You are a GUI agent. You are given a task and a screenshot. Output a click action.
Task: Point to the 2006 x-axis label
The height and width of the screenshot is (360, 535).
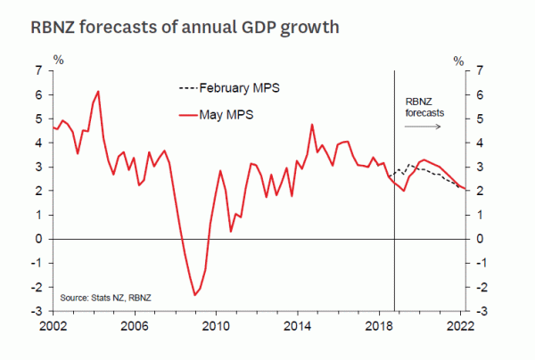[x=134, y=326]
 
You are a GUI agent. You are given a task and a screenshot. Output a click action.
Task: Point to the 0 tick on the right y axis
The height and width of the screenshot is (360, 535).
[x=481, y=240]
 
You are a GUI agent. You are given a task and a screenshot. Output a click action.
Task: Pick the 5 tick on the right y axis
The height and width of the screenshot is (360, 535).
[x=481, y=119]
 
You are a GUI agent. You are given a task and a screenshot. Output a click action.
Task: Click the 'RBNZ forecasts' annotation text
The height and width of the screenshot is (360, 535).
[x=424, y=107]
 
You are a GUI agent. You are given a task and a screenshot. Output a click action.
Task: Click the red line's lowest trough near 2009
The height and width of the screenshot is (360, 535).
[x=194, y=295]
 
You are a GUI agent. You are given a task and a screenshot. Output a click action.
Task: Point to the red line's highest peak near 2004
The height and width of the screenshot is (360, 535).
[x=98, y=91]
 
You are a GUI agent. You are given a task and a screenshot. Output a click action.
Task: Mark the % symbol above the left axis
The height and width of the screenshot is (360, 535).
[x=59, y=60]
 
